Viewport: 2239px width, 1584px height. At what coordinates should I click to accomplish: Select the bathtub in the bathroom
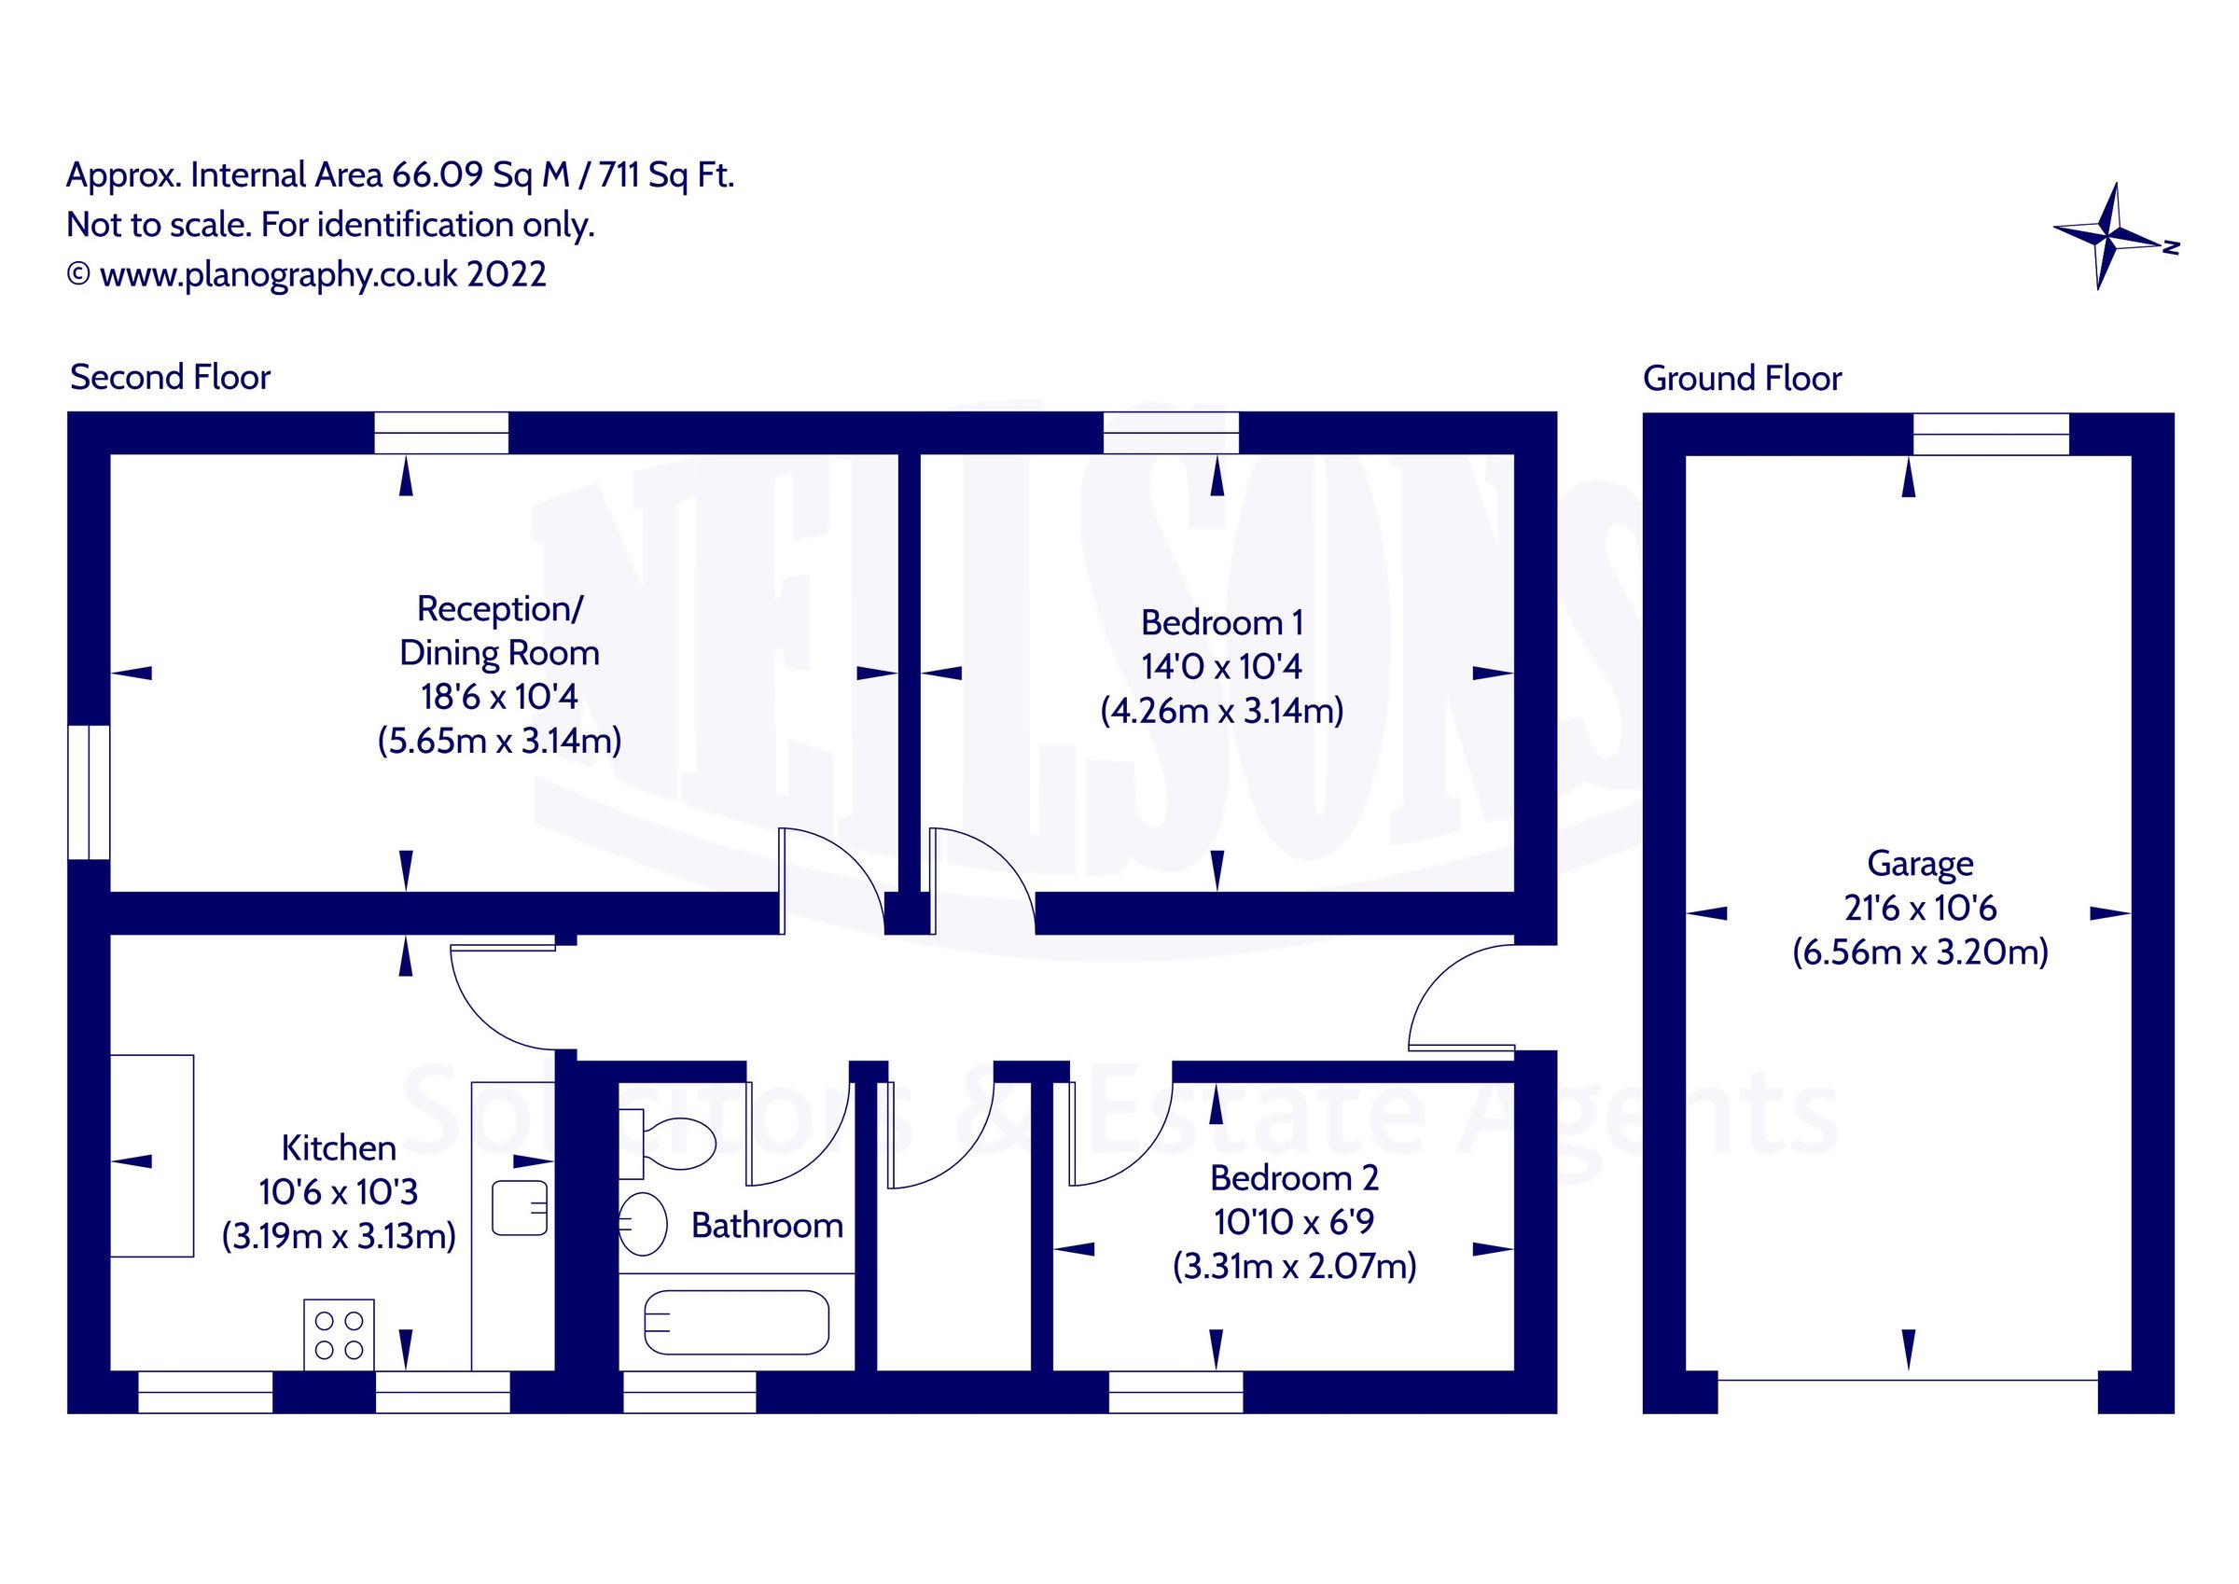click(x=736, y=1324)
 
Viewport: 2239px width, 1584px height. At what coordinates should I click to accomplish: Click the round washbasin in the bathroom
click(x=643, y=1223)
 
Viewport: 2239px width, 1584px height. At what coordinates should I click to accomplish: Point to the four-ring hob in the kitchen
click(x=339, y=1334)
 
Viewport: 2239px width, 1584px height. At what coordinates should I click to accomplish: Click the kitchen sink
click(x=519, y=1207)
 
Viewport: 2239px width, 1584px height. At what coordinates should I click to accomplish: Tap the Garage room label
click(x=1919, y=863)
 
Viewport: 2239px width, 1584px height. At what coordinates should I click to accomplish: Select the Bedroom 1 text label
click(x=1221, y=622)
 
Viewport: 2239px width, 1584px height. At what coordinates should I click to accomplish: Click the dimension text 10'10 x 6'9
click(x=1293, y=1221)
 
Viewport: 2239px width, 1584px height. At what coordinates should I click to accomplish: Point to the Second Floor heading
click(x=170, y=378)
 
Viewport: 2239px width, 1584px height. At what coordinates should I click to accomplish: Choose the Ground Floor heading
click(x=1742, y=379)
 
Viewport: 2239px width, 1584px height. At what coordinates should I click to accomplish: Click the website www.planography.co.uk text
click(x=278, y=275)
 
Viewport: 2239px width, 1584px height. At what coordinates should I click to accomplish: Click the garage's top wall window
click(x=1989, y=434)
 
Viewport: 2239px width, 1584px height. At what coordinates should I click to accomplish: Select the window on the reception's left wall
click(x=89, y=792)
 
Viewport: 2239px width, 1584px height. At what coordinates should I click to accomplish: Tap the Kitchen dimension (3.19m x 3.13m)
click(x=339, y=1237)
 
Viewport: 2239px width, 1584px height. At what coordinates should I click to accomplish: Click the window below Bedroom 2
click(x=1175, y=1393)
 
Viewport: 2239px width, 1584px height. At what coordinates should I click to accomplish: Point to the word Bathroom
click(x=767, y=1225)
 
